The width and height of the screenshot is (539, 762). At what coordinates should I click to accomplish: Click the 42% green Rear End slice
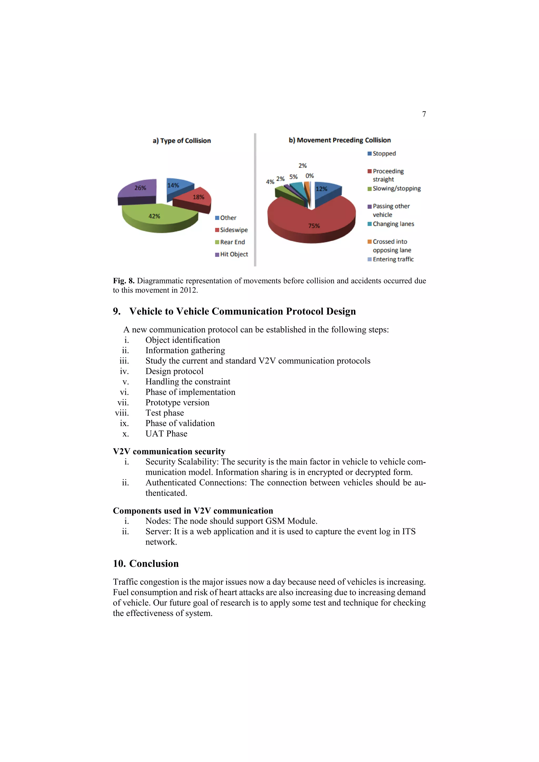click(159, 217)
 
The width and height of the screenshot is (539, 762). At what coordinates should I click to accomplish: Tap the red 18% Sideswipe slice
click(194, 198)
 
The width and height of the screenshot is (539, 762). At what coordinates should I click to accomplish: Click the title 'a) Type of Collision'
click(182, 141)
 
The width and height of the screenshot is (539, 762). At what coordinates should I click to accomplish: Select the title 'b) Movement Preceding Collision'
click(340, 140)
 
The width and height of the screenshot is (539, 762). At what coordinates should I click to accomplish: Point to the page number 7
click(424, 114)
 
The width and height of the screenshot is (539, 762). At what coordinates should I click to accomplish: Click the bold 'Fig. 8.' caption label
click(124, 281)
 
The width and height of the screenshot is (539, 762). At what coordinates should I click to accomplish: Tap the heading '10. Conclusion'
click(146, 564)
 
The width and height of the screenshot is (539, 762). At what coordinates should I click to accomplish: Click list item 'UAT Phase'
click(166, 434)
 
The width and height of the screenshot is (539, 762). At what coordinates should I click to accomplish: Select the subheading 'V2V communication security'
click(169, 451)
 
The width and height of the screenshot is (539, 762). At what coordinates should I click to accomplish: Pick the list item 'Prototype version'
click(177, 403)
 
